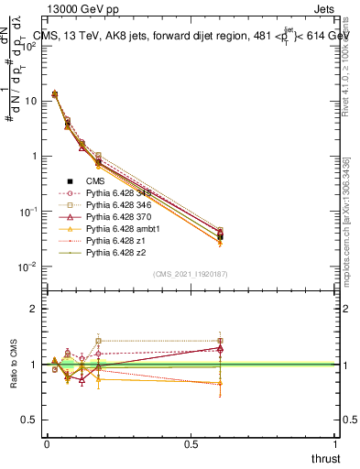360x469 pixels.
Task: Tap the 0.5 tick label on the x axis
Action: (x=191, y=442)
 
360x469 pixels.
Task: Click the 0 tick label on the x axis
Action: (x=47, y=442)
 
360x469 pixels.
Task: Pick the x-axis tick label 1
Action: (x=335, y=442)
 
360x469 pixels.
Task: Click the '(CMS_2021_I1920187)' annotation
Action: (x=191, y=274)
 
